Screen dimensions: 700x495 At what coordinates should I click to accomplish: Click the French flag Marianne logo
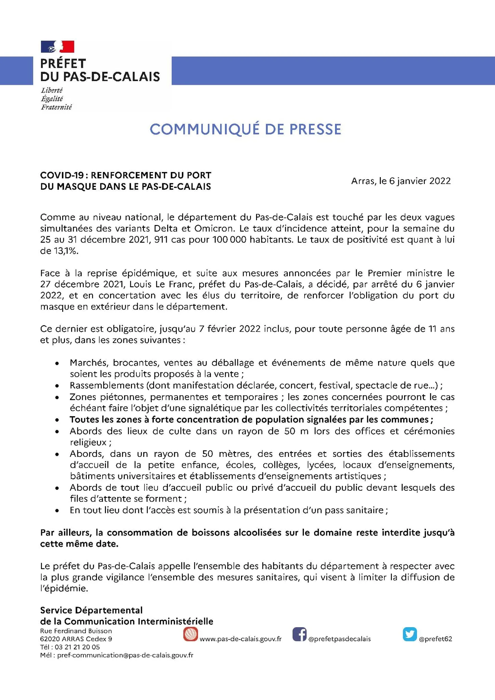coord(57,47)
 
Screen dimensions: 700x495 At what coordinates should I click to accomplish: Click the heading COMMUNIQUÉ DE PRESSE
coord(245,129)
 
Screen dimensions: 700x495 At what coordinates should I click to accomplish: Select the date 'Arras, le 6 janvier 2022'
coord(401,181)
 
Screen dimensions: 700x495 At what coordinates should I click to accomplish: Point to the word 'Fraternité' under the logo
coord(56,107)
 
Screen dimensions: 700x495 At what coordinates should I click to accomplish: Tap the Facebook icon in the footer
coord(299,634)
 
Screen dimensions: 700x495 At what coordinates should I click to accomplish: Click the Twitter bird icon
coord(410,634)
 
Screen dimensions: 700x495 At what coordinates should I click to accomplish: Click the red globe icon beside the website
coord(190,634)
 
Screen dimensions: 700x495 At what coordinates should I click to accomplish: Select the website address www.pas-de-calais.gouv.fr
coord(240,639)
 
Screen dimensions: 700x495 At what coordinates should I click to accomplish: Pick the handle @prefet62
coord(435,639)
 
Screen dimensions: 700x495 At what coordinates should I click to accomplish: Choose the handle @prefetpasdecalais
coord(339,639)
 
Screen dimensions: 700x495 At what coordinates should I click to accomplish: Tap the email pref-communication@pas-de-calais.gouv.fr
coord(125,655)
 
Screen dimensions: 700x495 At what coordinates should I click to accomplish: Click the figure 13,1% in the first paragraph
coord(65,251)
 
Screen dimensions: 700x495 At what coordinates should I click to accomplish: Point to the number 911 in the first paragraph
coord(161,239)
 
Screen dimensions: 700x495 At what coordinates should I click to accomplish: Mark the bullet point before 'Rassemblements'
coord(57,386)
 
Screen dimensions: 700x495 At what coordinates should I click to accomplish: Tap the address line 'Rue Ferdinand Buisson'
coord(76,631)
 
